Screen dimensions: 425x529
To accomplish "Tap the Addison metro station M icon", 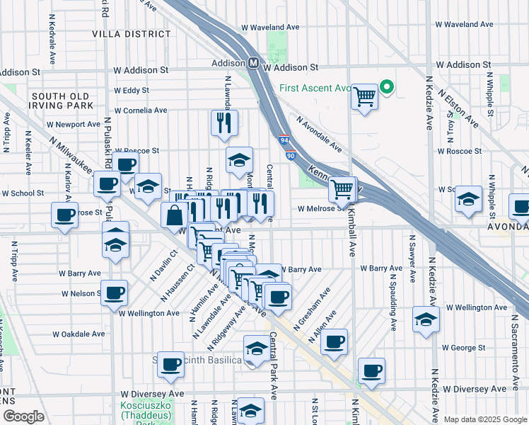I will pos(252,63).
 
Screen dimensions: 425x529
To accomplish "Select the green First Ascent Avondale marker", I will pos(387,88).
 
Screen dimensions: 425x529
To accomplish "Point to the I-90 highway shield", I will pos(291,156).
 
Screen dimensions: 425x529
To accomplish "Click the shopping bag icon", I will pos(174,215).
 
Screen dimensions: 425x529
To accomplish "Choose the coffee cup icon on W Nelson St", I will pos(114,292).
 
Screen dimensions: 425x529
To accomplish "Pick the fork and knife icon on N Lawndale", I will pos(224,123).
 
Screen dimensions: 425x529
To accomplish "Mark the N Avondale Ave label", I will pos(319,135).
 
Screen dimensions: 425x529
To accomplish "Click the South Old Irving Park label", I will pos(62,101).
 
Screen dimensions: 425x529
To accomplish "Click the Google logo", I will pos(23,416).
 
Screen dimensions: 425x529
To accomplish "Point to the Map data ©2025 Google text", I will pos(486,419).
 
